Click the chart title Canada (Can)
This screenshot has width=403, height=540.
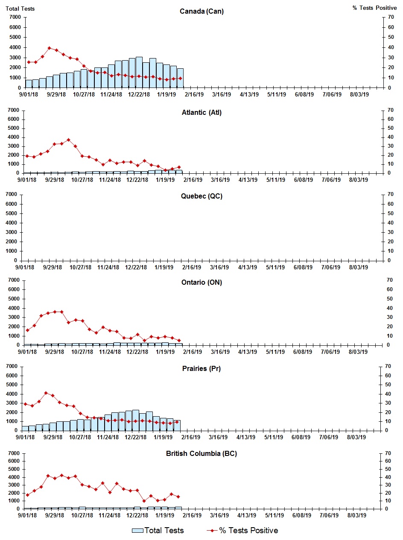[x=201, y=12]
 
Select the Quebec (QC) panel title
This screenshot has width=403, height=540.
[x=201, y=196]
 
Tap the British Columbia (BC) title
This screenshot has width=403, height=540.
[x=201, y=453]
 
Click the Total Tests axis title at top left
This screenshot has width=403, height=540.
[x=20, y=9]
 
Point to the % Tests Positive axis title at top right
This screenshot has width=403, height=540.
[x=374, y=8]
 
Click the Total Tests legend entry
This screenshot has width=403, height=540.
[x=158, y=531]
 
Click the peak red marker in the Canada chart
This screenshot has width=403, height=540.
[x=50, y=48]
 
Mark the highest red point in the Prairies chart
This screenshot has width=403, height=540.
[x=46, y=393]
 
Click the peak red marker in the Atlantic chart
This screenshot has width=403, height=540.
[x=68, y=140]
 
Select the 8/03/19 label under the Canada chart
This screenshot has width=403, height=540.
[x=359, y=94]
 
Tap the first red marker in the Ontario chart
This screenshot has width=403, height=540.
[x=27, y=330]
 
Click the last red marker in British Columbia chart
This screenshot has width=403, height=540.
[x=178, y=497]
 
